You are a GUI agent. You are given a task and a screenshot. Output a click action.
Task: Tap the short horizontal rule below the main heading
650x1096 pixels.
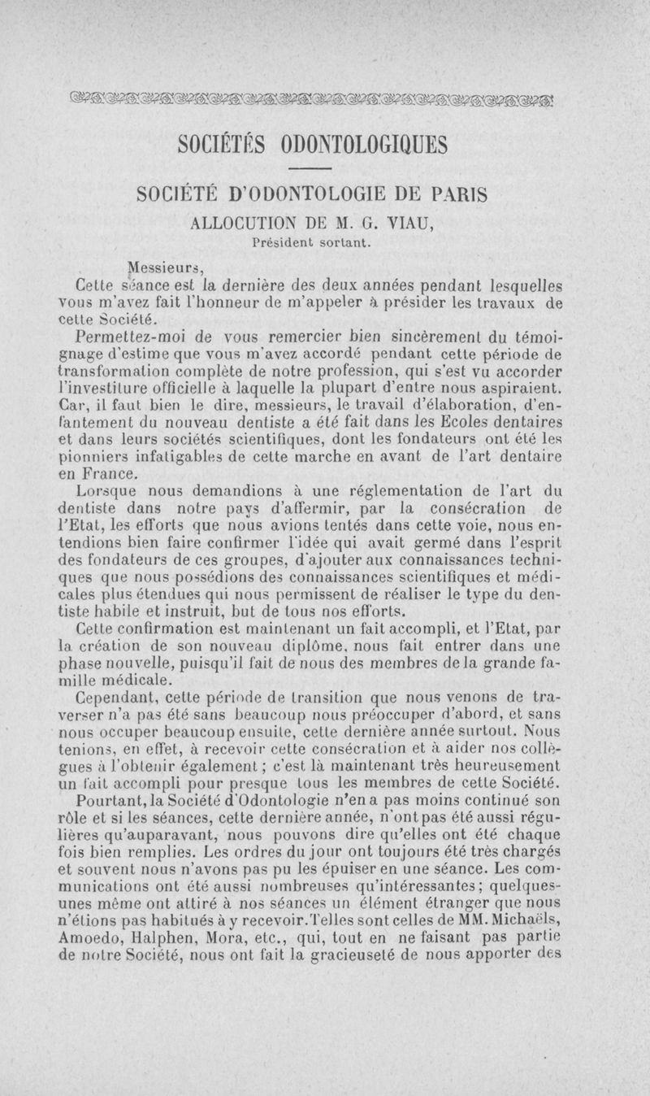point(324,169)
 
